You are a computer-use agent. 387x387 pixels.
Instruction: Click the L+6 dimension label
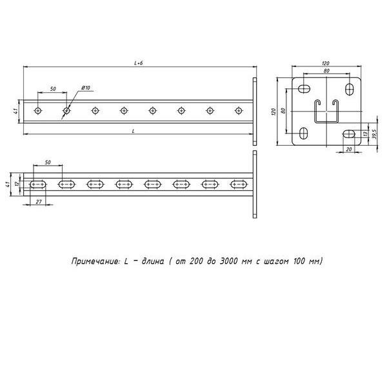point(137,63)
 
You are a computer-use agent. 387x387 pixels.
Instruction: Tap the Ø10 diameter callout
point(86,87)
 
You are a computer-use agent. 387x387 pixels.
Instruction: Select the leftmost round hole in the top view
point(38,111)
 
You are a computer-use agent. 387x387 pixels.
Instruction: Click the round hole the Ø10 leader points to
point(66,111)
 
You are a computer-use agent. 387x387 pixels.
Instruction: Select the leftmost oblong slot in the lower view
point(38,185)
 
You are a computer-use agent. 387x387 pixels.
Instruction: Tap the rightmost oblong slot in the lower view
point(237,185)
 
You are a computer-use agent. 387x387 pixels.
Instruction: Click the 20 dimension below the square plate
point(349,149)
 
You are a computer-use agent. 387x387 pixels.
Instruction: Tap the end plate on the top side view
point(255,111)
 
